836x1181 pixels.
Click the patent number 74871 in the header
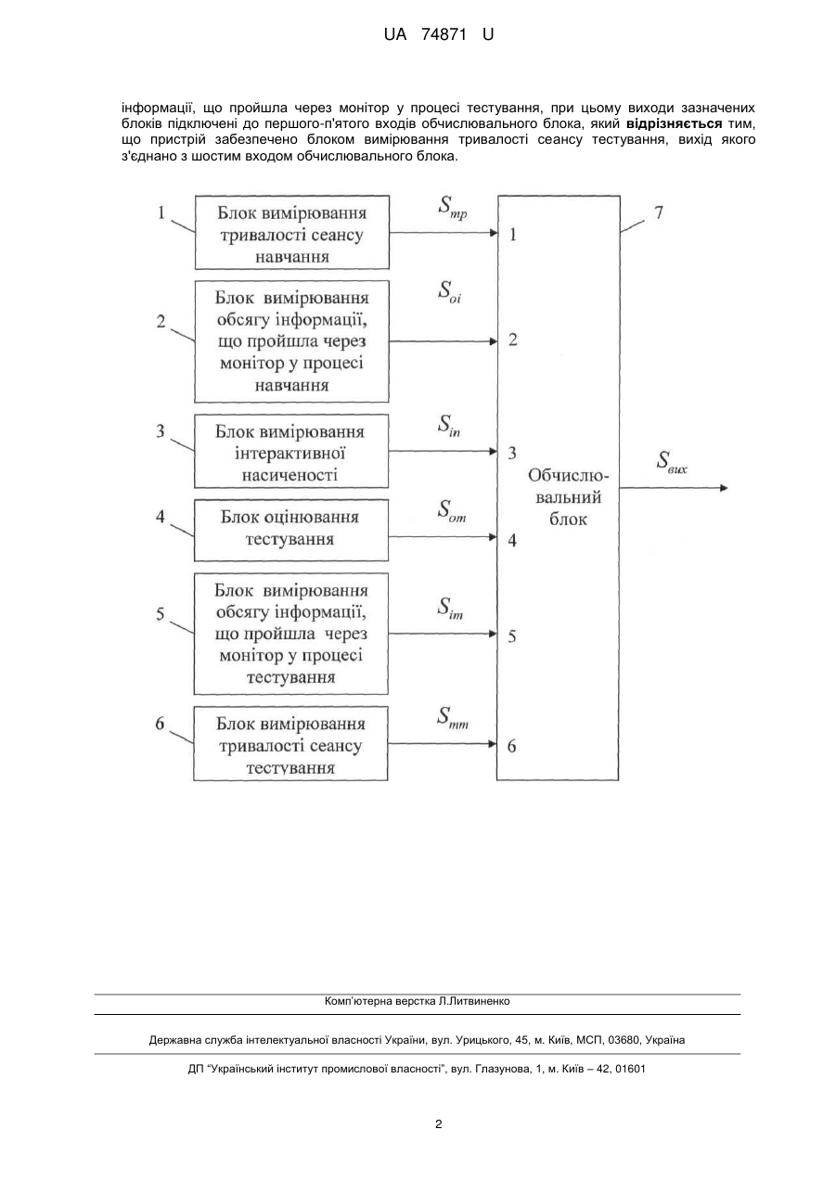coord(444,35)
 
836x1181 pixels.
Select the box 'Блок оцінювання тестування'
coord(291,531)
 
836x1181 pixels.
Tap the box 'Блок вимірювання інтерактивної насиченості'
coord(291,451)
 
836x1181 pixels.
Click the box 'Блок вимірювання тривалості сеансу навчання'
coord(292,233)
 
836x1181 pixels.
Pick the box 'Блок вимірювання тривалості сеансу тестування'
coord(290,743)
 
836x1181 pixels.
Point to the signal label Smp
coord(453,207)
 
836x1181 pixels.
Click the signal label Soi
coord(449,291)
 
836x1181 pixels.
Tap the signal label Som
coord(452,511)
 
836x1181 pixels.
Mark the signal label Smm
coord(453,718)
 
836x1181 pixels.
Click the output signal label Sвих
coord(672,462)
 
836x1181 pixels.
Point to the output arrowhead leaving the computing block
coord(724,488)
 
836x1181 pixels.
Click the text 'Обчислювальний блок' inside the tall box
coord(568,497)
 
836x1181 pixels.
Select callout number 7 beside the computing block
coord(658,212)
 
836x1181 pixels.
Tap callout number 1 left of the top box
coord(161,213)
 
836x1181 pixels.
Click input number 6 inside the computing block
coord(511,746)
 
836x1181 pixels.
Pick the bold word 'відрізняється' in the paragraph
coord(674,124)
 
